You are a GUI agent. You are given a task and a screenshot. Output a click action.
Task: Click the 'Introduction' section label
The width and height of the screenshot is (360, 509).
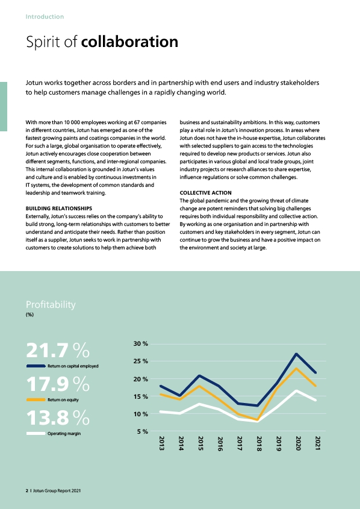tap(45, 16)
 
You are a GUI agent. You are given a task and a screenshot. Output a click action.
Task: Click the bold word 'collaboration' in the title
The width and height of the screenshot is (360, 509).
tap(129, 42)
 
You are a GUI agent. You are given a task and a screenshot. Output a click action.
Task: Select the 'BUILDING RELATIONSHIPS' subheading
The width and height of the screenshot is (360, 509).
tap(59, 208)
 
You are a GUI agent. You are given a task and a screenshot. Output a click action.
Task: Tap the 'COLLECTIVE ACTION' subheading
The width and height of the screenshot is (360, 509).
tap(206, 193)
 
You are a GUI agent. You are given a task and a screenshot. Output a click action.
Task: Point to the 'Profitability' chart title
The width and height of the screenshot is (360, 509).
tap(51, 304)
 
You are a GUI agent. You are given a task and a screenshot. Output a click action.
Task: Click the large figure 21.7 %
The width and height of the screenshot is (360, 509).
tap(58, 350)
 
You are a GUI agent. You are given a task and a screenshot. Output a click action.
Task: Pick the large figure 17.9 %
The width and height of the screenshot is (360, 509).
tap(58, 384)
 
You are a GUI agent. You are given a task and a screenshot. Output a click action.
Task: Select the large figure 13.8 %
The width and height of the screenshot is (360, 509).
tap(58, 417)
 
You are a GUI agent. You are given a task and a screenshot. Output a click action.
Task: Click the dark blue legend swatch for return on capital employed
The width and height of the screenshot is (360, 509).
tap(36, 366)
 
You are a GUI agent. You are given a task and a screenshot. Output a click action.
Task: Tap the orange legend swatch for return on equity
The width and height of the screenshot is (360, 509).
tap(36, 400)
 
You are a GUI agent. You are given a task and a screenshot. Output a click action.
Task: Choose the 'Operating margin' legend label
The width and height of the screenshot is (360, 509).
tap(64, 434)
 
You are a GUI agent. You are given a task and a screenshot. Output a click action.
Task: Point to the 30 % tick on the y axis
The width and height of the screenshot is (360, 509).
tap(140, 344)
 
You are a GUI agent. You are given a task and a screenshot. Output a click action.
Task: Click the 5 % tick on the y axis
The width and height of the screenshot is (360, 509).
tap(143, 431)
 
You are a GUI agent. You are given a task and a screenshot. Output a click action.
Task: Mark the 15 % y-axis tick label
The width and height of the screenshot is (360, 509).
tap(140, 396)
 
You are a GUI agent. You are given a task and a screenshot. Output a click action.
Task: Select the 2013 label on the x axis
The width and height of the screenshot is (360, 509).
tap(161, 443)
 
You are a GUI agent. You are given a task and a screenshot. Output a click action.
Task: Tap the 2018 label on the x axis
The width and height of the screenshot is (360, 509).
tap(259, 443)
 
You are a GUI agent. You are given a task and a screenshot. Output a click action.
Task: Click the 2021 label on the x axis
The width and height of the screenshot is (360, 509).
tap(318, 443)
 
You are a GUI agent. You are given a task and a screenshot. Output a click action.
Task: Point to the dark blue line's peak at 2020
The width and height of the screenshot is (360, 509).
tap(296, 354)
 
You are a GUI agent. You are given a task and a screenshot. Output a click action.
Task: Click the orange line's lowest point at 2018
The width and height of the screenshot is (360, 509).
tap(258, 420)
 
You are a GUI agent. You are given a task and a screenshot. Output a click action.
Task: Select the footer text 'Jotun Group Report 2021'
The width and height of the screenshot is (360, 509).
tap(57, 491)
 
